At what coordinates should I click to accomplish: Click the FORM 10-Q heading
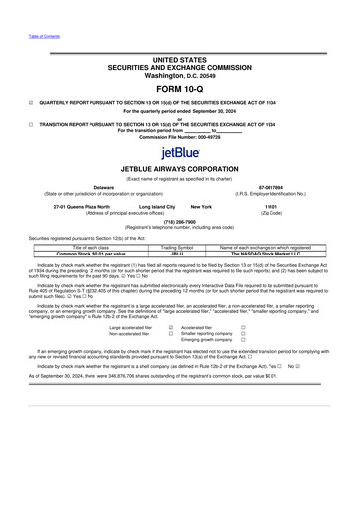click(x=180, y=85)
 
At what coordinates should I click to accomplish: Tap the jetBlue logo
click(x=180, y=153)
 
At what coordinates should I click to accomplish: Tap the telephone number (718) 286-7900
click(x=180, y=222)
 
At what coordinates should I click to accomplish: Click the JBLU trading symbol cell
click(x=177, y=253)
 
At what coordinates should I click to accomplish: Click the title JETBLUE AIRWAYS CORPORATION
click(x=180, y=169)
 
